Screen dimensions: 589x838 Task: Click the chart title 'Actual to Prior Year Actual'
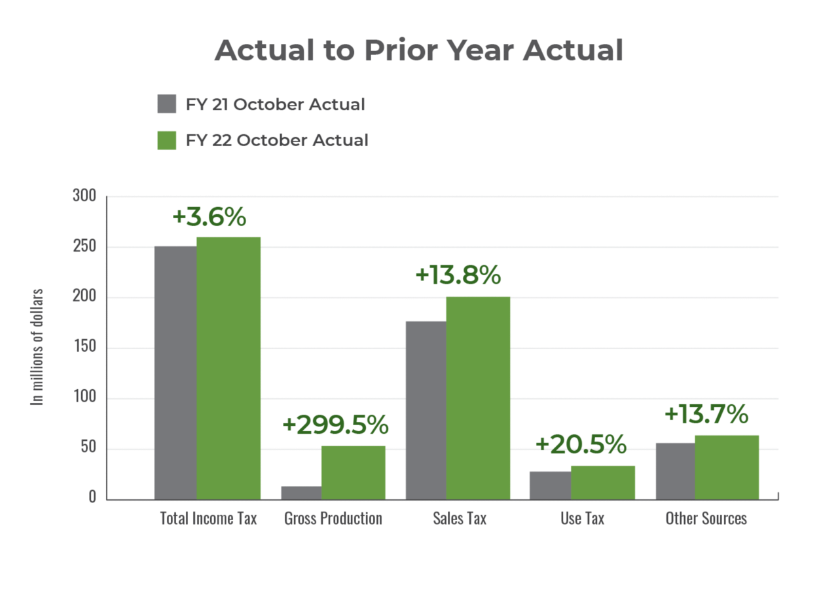pos(418,51)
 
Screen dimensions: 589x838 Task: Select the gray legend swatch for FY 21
pos(167,104)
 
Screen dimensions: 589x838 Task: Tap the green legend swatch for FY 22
pos(167,140)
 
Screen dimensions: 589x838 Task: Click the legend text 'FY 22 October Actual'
pos(276,140)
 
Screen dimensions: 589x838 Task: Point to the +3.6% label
pos(209,218)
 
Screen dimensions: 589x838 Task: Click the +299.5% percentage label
pos(335,425)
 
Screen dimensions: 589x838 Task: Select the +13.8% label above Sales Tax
pos(458,276)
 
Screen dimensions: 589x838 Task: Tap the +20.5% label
pos(581,445)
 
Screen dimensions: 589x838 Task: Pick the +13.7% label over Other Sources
pos(705,414)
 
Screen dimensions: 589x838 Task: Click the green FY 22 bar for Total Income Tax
pos(228,367)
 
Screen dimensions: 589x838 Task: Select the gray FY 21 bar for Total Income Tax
pos(175,372)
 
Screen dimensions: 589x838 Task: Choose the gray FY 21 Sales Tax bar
pos(425,409)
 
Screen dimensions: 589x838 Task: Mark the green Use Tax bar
pos(602,482)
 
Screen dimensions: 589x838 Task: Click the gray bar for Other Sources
pos(675,470)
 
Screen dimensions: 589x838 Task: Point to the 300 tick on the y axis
pos(84,197)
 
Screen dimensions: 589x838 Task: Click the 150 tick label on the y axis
pos(84,348)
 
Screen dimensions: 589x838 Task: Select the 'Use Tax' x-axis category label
pos(582,518)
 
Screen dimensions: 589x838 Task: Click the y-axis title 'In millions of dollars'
pos(38,347)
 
